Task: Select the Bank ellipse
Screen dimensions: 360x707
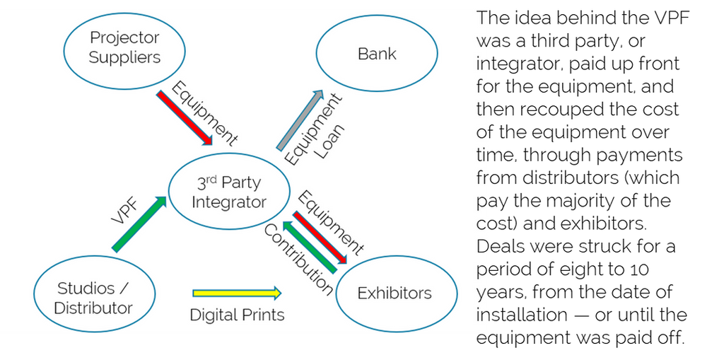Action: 377,54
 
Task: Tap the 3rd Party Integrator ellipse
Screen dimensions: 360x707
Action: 229,192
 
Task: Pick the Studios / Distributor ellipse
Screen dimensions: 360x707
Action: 94,298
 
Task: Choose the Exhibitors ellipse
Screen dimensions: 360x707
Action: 394,293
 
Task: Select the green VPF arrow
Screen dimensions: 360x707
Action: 139,223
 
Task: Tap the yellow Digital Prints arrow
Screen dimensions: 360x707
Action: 236,293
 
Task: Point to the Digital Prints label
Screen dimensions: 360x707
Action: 237,315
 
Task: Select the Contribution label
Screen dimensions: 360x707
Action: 298,260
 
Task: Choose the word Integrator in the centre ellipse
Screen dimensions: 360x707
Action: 228,202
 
